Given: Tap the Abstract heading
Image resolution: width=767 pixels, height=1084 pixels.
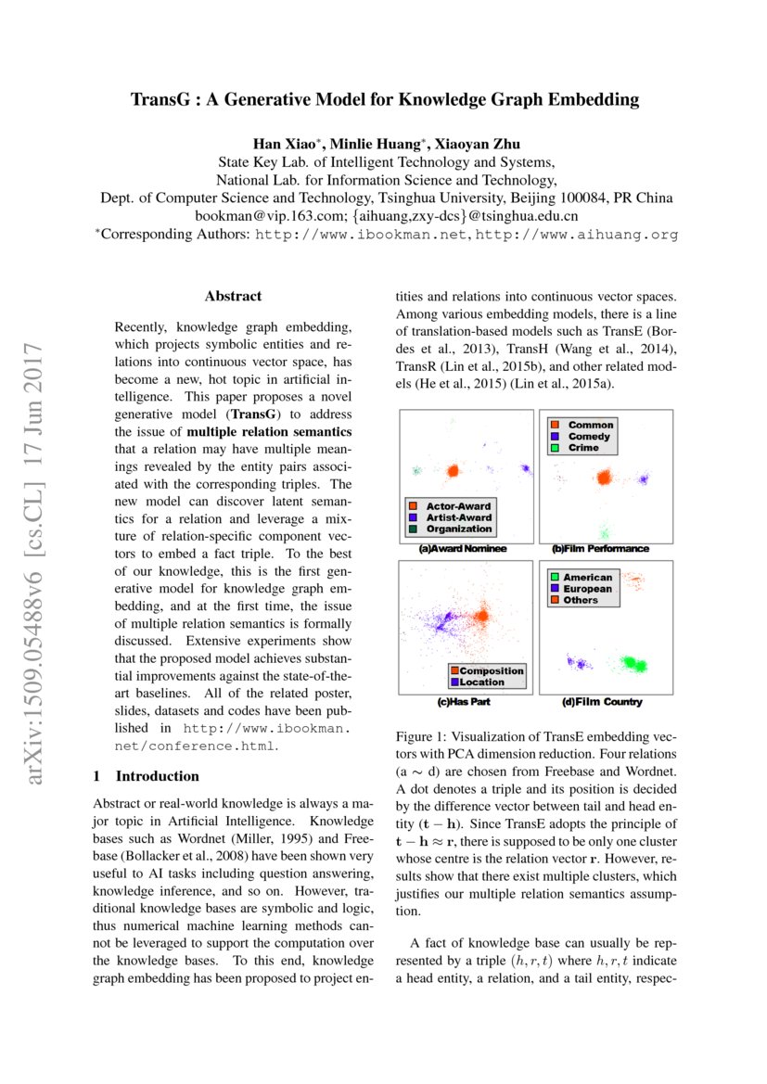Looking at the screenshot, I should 233,297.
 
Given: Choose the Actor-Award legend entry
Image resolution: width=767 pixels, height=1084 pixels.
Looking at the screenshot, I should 458,506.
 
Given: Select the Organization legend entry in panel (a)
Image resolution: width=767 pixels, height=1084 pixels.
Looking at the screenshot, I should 458,529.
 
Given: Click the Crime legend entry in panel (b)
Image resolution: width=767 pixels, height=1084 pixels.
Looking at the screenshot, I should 583,448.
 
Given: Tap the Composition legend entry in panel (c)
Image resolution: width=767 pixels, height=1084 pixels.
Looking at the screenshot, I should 492,670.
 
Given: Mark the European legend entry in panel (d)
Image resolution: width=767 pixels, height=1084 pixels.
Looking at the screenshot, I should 587,589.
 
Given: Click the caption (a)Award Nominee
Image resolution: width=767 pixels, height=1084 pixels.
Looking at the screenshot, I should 463,549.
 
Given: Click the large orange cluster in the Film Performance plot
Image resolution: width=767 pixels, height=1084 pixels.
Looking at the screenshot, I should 604,478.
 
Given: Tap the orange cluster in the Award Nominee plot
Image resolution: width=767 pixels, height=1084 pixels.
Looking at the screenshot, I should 452,471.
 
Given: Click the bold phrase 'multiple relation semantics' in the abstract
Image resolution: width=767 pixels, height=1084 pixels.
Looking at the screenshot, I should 269,432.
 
